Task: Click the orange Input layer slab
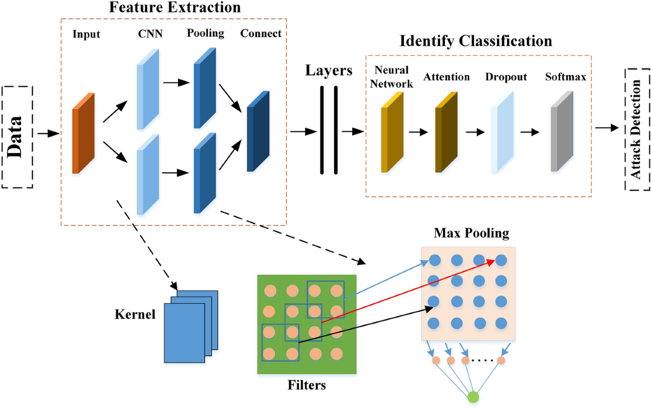(84, 133)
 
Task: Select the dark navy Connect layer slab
(258, 131)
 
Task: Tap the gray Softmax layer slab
(562, 131)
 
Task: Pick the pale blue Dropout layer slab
(502, 131)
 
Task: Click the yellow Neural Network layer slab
(392, 132)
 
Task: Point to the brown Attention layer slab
(446, 132)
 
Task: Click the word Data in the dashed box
(15, 137)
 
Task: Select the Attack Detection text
(636, 129)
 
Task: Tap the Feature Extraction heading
(175, 7)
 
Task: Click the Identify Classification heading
(476, 41)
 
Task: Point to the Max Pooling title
(471, 233)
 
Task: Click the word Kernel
(135, 314)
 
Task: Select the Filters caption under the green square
(307, 385)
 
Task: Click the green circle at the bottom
(473, 397)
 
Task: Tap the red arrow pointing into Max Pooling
(408, 292)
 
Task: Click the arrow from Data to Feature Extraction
(48, 134)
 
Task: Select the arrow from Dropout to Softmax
(530, 132)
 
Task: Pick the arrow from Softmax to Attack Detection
(607, 128)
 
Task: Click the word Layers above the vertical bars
(329, 71)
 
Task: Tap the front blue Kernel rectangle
(184, 333)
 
